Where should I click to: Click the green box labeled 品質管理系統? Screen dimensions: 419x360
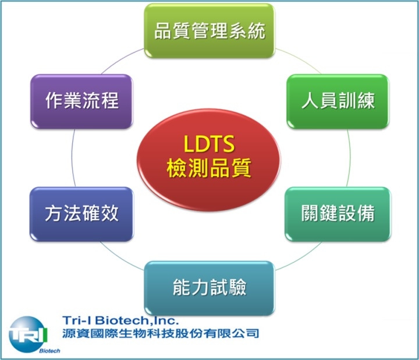coord(210,30)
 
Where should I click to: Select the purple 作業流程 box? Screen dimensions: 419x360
coord(81,101)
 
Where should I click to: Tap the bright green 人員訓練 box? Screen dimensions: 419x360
coord(338,101)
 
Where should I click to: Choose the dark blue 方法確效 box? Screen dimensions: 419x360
coord(81,214)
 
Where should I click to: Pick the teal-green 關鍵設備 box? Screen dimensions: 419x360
coord(338,214)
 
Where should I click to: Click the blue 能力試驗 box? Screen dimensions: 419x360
coord(210,288)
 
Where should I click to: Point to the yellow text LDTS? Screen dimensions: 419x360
coord(209,144)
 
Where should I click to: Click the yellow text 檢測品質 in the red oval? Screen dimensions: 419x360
coord(209,168)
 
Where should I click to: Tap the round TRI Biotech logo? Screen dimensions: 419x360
coord(28,334)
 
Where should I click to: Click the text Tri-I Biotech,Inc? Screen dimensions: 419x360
coord(120,320)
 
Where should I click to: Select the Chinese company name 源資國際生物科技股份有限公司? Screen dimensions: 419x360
coord(161,333)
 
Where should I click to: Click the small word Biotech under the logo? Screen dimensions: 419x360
coord(49,351)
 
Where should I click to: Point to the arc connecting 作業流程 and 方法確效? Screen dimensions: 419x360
coord(72,158)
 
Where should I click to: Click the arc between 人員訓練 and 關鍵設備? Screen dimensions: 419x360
coord(350,158)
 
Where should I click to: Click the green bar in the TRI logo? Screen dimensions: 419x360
coord(46,334)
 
